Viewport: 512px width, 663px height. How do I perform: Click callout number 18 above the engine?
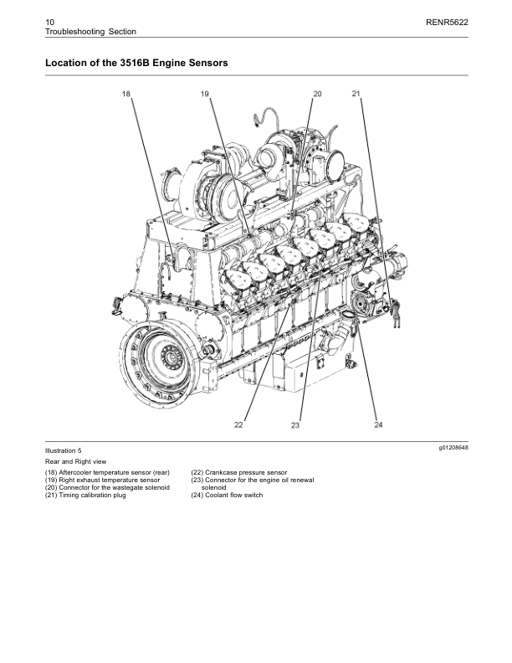click(x=126, y=95)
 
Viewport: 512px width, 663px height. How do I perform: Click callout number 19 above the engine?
click(x=205, y=95)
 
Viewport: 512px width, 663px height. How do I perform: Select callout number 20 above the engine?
click(x=317, y=94)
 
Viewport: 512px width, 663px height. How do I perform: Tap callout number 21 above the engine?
click(x=356, y=94)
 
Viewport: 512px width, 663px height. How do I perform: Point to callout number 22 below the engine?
click(x=238, y=425)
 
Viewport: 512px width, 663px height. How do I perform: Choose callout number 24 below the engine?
click(x=378, y=425)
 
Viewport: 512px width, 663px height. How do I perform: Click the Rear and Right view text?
click(x=75, y=461)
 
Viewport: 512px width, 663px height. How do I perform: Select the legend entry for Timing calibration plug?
click(x=84, y=495)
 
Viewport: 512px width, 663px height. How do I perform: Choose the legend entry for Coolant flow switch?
click(x=227, y=495)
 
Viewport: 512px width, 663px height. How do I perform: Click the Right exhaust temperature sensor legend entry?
click(x=102, y=480)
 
